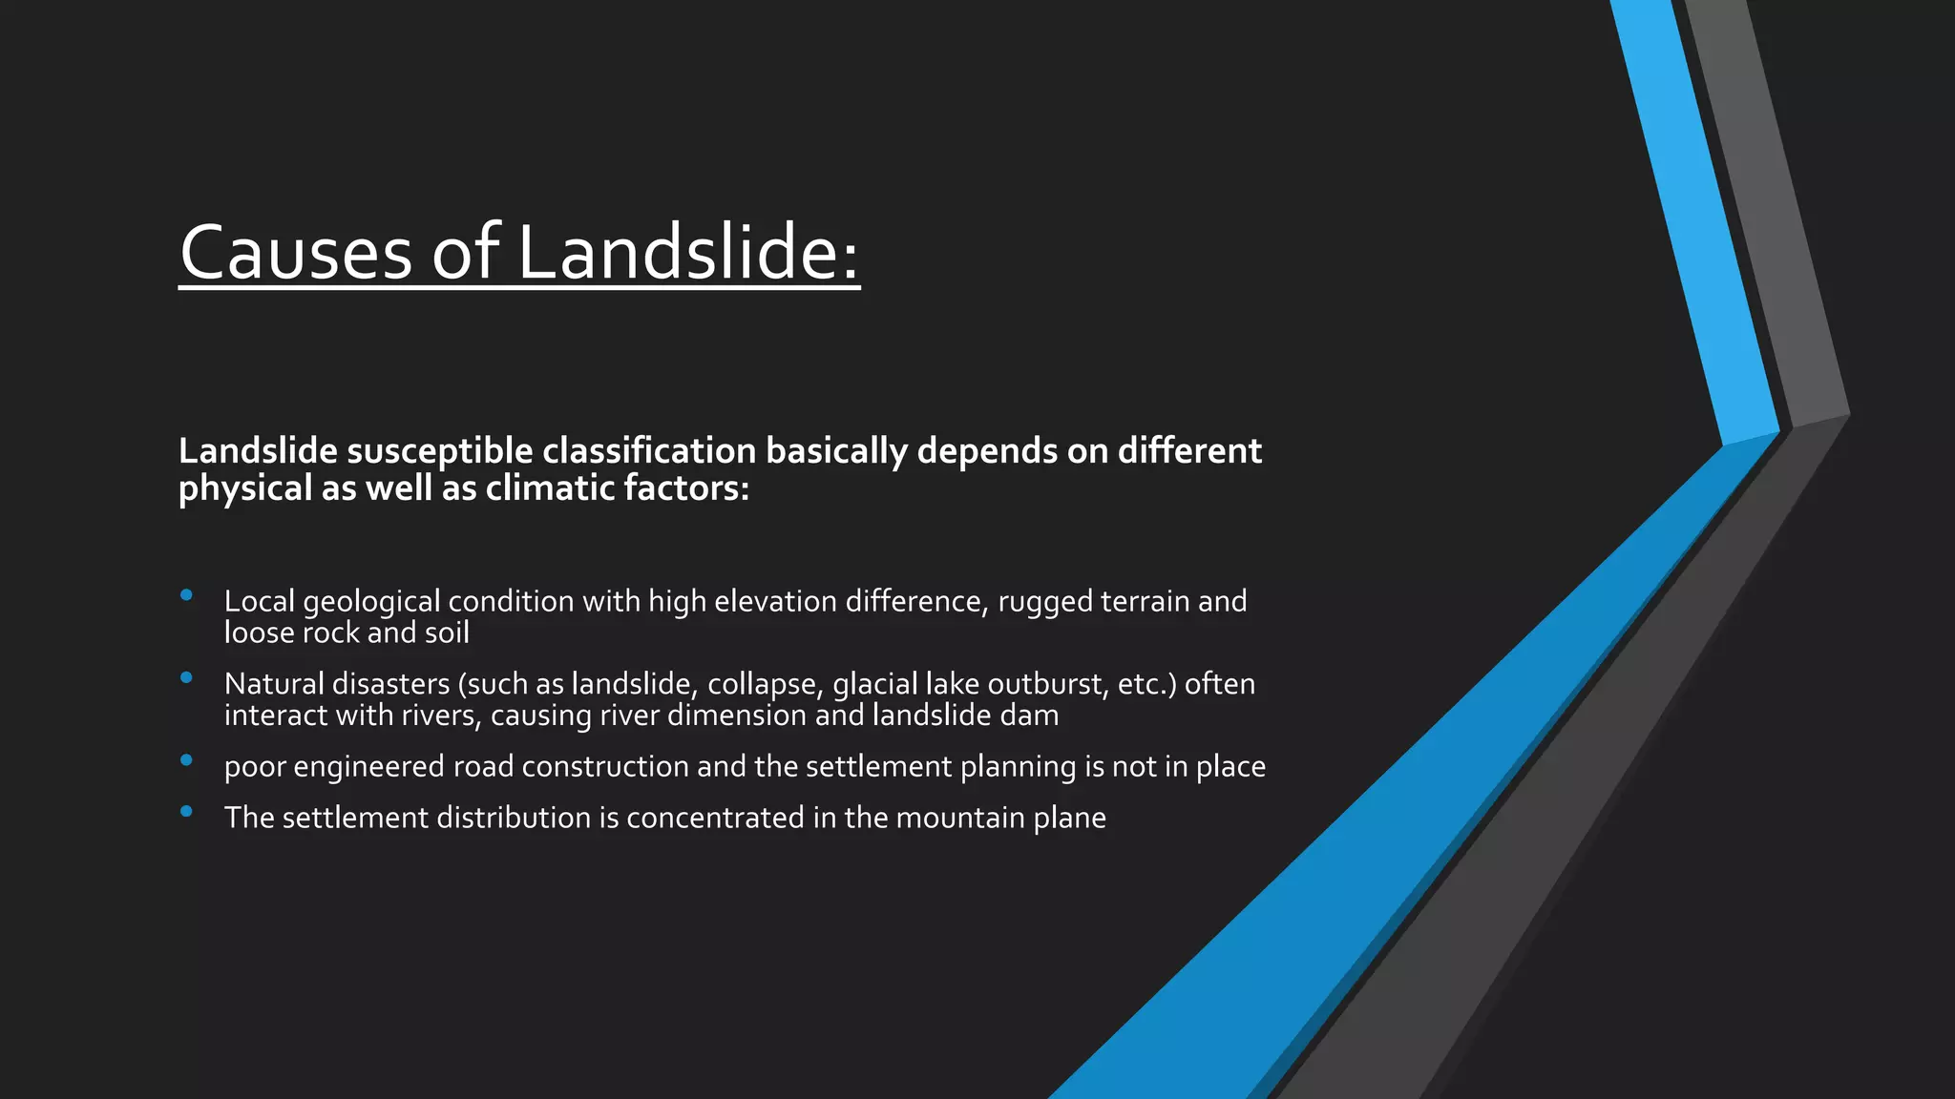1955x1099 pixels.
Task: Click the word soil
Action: tap(447, 632)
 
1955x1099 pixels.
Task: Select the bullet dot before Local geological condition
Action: tap(186, 595)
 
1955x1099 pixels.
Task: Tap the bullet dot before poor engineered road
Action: tap(186, 760)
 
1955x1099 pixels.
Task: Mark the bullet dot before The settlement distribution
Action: tap(186, 812)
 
